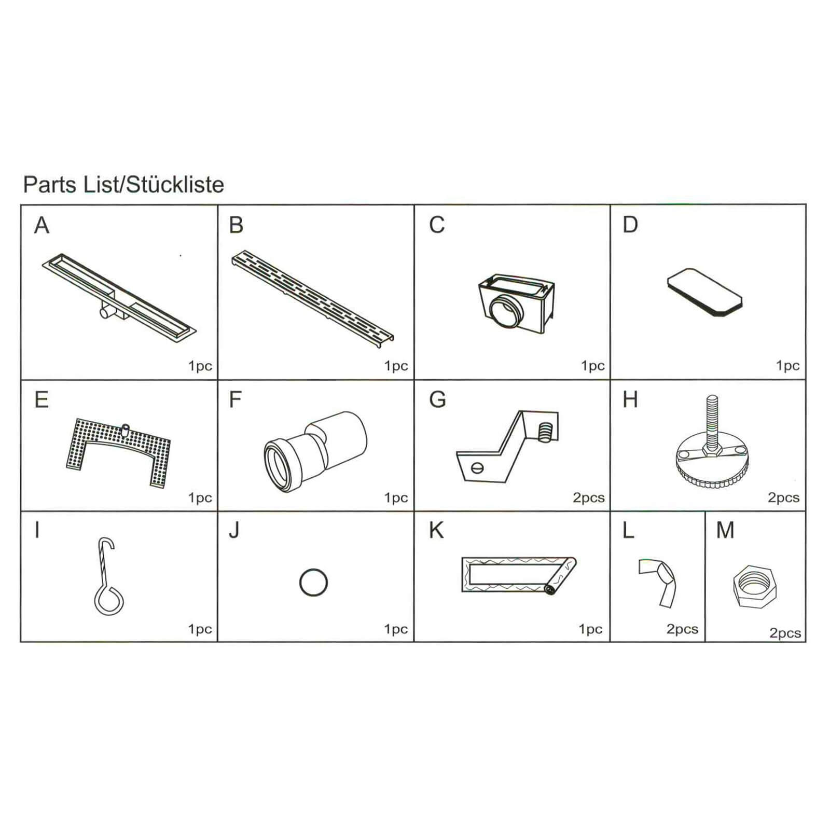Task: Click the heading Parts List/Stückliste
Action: coord(123,185)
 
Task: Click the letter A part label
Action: coord(41,225)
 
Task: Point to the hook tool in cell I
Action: coord(106,576)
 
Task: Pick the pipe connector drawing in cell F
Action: coord(315,451)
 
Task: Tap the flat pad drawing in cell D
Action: coord(704,292)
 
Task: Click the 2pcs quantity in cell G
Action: coord(589,498)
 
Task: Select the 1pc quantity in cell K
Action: coord(590,629)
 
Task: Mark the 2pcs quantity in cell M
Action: coord(785,633)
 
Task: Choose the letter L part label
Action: coord(628,530)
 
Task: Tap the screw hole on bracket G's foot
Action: coord(477,468)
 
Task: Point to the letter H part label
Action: coord(630,400)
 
